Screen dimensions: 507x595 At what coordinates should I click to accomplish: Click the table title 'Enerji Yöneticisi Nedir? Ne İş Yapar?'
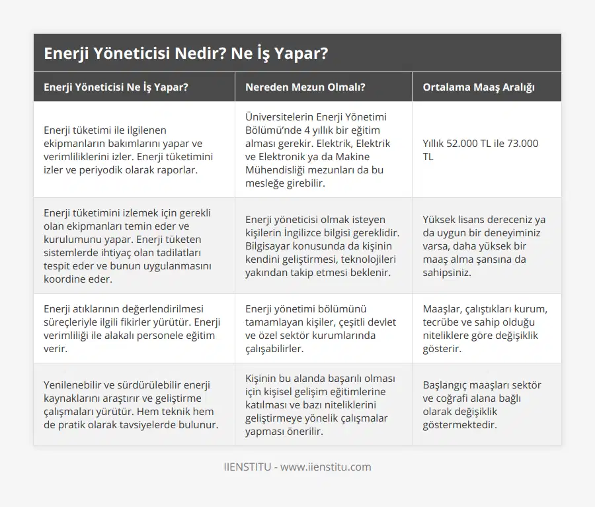coord(186,54)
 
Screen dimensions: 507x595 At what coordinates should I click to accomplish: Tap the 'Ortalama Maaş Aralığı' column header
coord(479,87)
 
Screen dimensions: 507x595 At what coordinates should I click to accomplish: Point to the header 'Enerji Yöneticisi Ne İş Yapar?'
coord(116,87)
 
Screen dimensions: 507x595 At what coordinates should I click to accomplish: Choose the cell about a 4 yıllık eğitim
coord(323,150)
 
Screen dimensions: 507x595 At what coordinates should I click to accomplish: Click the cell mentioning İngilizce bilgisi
coord(323,246)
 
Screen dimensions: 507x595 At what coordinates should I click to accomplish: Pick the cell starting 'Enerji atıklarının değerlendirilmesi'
coord(132,328)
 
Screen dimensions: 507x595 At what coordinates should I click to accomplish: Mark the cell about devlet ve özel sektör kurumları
coord(323,328)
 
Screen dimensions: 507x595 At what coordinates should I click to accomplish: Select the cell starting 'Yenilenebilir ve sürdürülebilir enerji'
coord(132,404)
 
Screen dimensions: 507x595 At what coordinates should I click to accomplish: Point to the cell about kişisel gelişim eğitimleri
coord(323,404)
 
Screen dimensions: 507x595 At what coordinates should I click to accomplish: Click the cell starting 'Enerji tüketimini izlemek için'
coord(132,246)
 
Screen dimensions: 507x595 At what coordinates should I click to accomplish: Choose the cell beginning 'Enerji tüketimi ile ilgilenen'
coord(132,150)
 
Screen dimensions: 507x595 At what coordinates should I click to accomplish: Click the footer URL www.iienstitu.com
coord(326,467)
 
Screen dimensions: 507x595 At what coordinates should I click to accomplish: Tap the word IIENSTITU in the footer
coord(247,467)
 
